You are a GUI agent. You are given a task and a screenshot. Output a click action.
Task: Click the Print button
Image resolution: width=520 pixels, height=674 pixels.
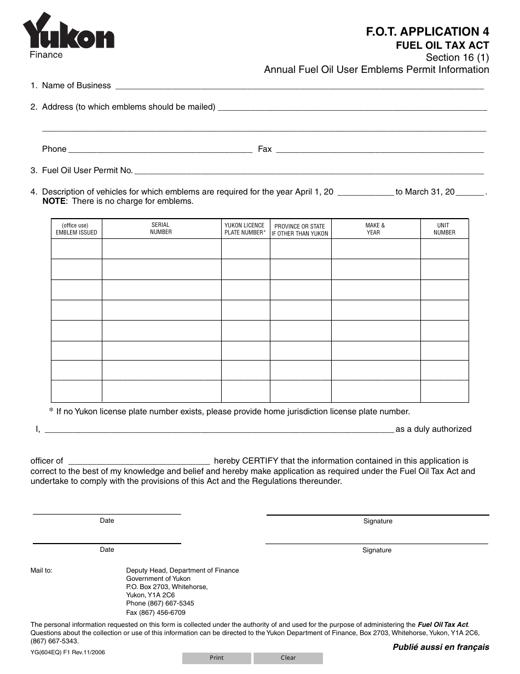coord(217,658)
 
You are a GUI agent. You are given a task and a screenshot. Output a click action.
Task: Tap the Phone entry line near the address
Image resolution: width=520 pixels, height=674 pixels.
coord(160,150)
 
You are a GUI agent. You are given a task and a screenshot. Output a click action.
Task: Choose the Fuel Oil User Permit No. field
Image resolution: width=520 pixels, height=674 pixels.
coord(309,171)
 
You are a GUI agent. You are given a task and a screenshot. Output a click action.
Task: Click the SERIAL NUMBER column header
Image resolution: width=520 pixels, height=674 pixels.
coord(161,229)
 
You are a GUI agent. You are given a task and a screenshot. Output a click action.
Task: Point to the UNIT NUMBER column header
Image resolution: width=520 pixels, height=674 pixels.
coord(444,229)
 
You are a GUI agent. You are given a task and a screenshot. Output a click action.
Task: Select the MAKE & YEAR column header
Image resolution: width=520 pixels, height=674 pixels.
coord(375,229)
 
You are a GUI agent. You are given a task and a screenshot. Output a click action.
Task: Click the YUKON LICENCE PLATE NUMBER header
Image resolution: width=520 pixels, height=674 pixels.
coord(245,229)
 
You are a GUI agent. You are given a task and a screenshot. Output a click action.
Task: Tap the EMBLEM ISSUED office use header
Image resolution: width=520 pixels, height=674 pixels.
coord(76,229)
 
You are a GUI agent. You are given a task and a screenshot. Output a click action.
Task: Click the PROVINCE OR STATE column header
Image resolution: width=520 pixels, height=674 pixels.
coord(300,230)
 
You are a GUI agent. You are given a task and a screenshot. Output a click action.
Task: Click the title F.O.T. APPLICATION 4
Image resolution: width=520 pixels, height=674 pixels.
coord(427,32)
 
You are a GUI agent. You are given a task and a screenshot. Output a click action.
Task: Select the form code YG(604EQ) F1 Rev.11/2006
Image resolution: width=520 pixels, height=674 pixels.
coord(68,652)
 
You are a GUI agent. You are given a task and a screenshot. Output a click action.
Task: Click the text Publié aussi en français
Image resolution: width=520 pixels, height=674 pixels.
coord(441,647)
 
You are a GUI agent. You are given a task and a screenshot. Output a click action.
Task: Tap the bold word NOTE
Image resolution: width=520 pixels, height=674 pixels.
coord(54,201)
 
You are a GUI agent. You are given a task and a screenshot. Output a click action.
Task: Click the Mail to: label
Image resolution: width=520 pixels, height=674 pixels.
coord(42,570)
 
